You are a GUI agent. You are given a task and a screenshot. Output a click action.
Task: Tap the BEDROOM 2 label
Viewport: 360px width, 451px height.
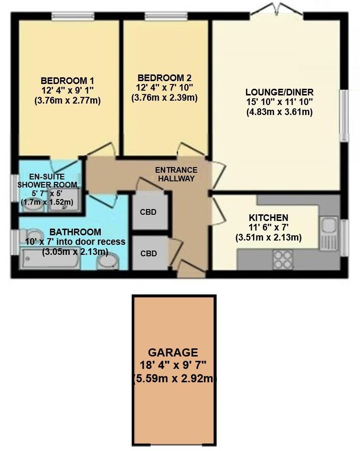(164, 78)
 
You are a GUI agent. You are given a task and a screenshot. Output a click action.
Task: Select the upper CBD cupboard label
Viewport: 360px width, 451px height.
(148, 212)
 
